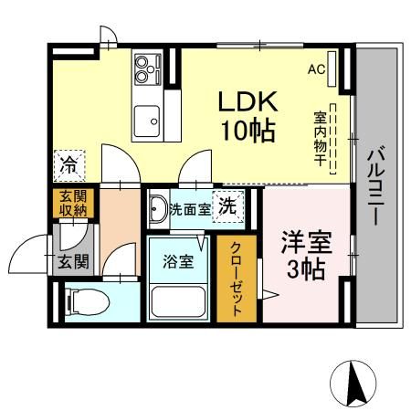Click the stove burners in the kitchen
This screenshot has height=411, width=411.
click(146, 66)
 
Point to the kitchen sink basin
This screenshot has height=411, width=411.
click(147, 118)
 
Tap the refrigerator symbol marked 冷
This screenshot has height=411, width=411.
click(69, 165)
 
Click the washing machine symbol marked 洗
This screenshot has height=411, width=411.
click(228, 205)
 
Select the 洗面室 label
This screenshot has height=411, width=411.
click(190, 209)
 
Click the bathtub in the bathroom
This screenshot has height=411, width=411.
click(179, 300)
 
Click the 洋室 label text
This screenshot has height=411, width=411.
click(302, 244)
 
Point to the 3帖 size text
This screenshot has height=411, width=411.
click(303, 270)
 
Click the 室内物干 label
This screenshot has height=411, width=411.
click(320, 137)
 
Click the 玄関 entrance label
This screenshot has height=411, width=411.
click(73, 263)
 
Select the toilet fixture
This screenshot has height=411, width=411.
click(86, 299)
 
